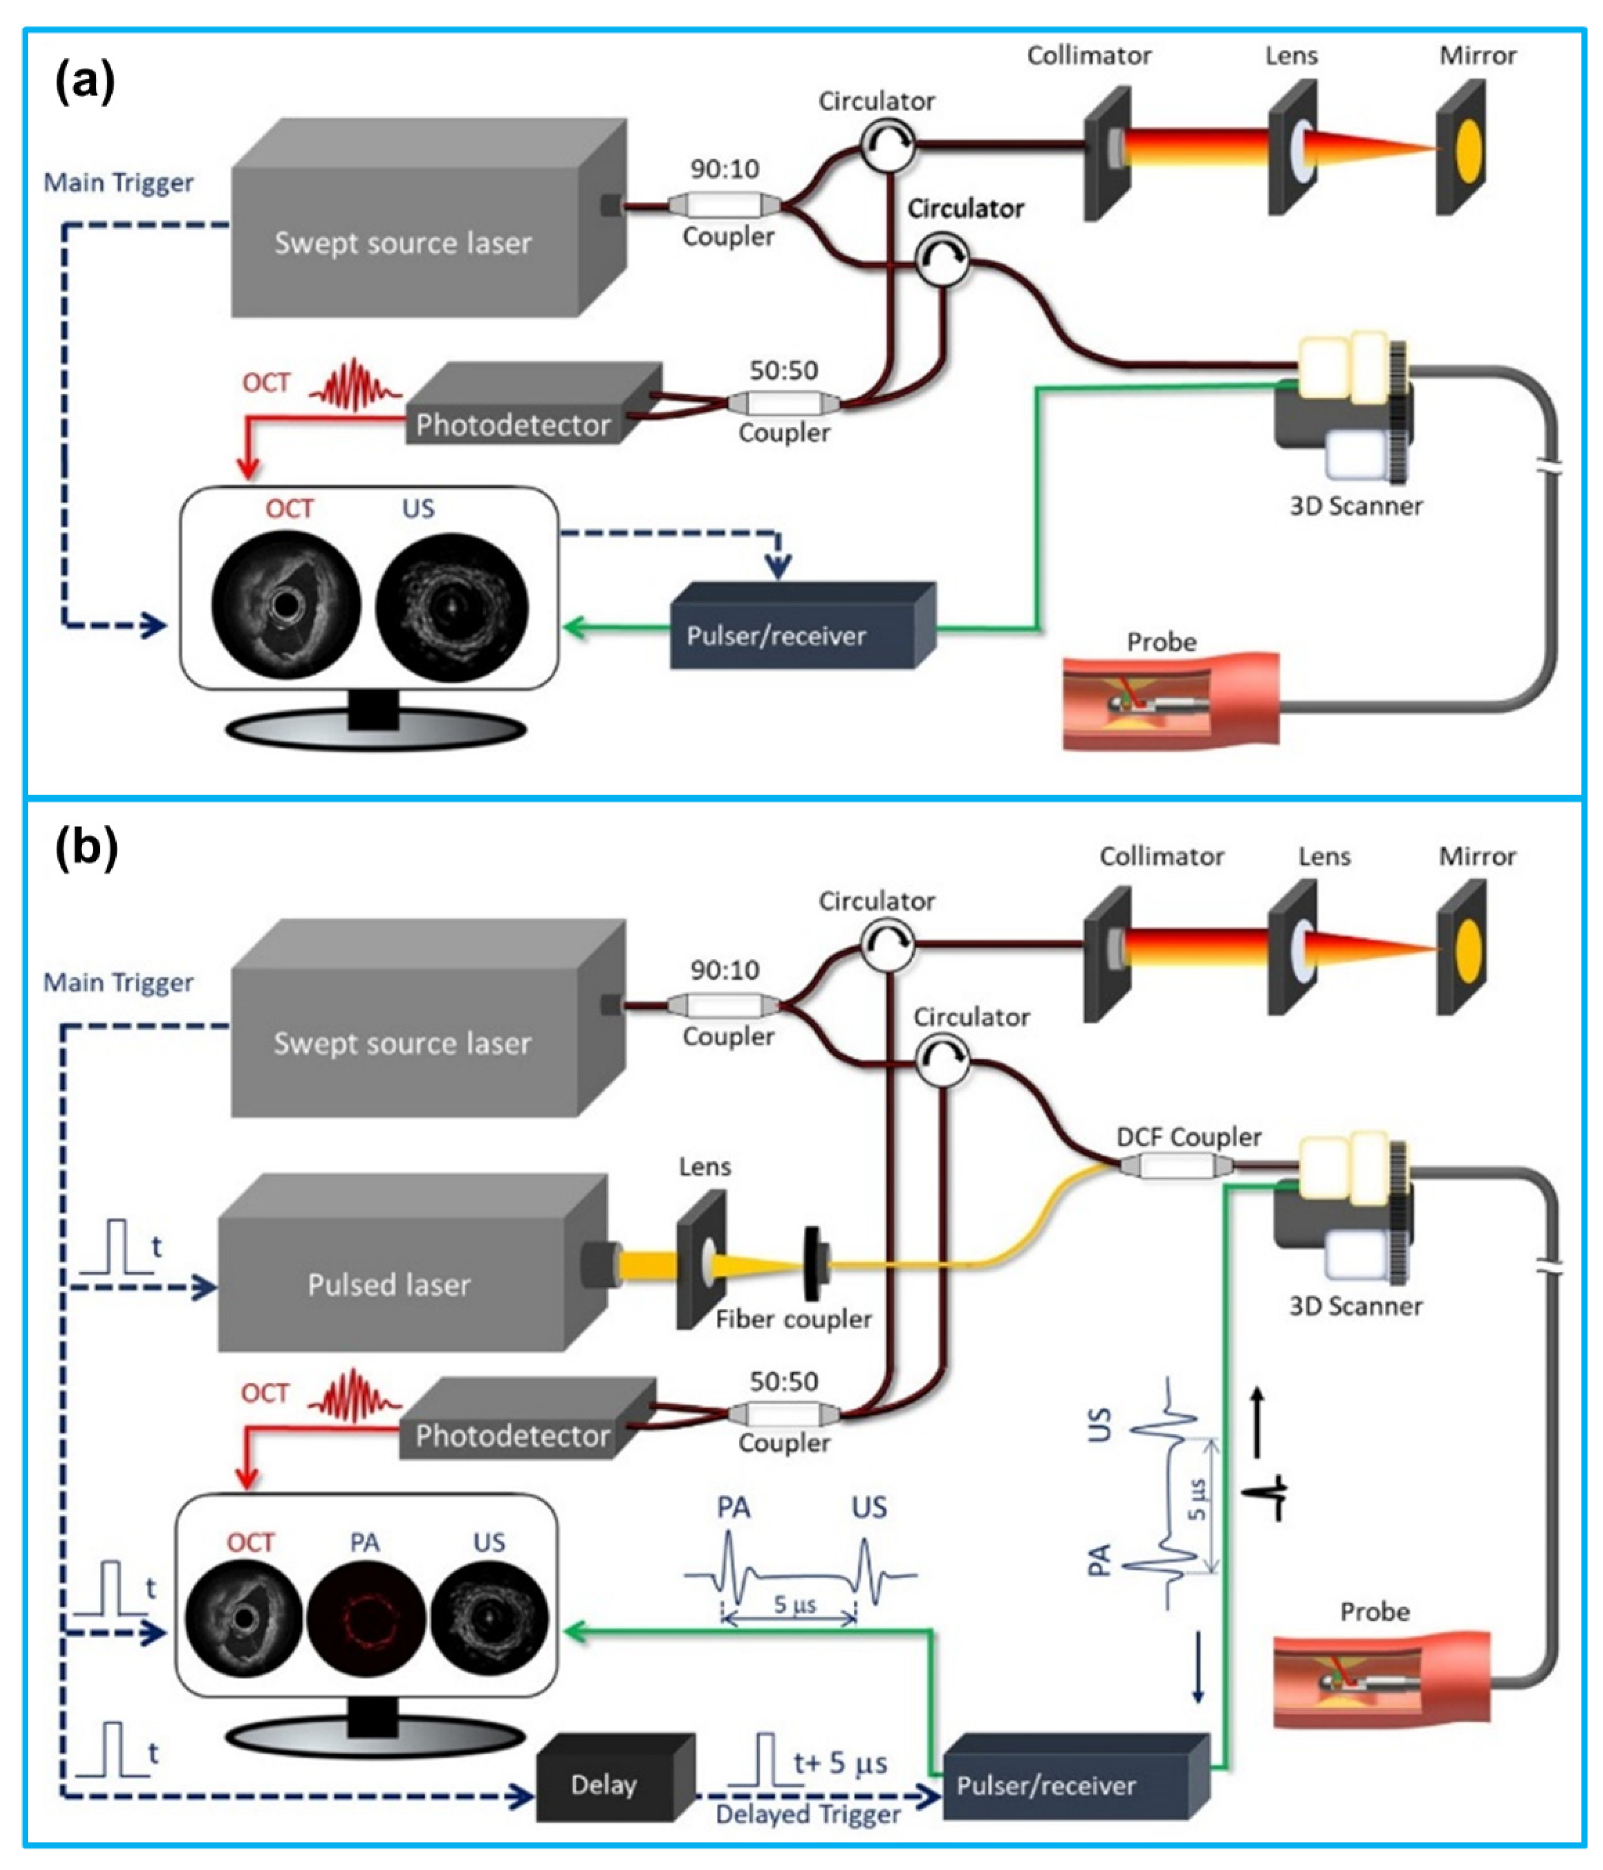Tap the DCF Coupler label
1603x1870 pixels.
1188,1136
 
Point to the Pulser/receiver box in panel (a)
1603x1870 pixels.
776,635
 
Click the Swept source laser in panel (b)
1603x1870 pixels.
403,1043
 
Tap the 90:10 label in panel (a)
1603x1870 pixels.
725,169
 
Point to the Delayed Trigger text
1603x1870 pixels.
808,1814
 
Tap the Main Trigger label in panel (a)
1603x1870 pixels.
118,183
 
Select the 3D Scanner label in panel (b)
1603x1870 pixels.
1355,1306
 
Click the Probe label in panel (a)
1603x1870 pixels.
1161,642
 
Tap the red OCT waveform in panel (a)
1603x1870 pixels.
355,386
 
